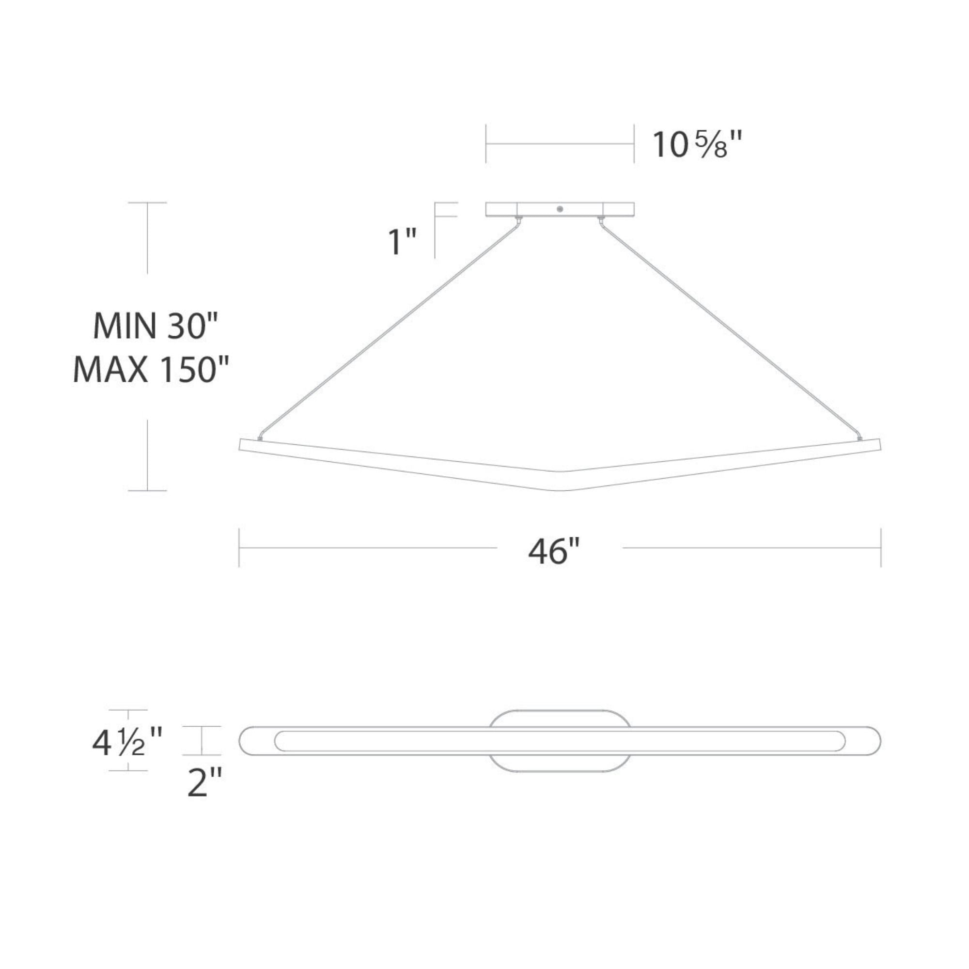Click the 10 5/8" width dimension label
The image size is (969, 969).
tap(696, 144)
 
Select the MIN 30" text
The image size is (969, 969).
tap(156, 326)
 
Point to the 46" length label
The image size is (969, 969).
tap(554, 551)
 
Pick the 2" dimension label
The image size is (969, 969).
tap(204, 782)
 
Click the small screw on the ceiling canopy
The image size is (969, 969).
tap(560, 209)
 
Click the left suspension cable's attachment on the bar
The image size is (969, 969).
tap(260, 439)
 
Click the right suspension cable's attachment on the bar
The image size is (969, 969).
tap(860, 439)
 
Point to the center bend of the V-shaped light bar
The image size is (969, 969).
tap(560, 481)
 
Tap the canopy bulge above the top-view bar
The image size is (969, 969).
tap(560, 718)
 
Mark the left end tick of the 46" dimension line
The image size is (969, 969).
tap(239, 547)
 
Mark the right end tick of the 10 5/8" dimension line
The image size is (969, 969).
tap(634, 144)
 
